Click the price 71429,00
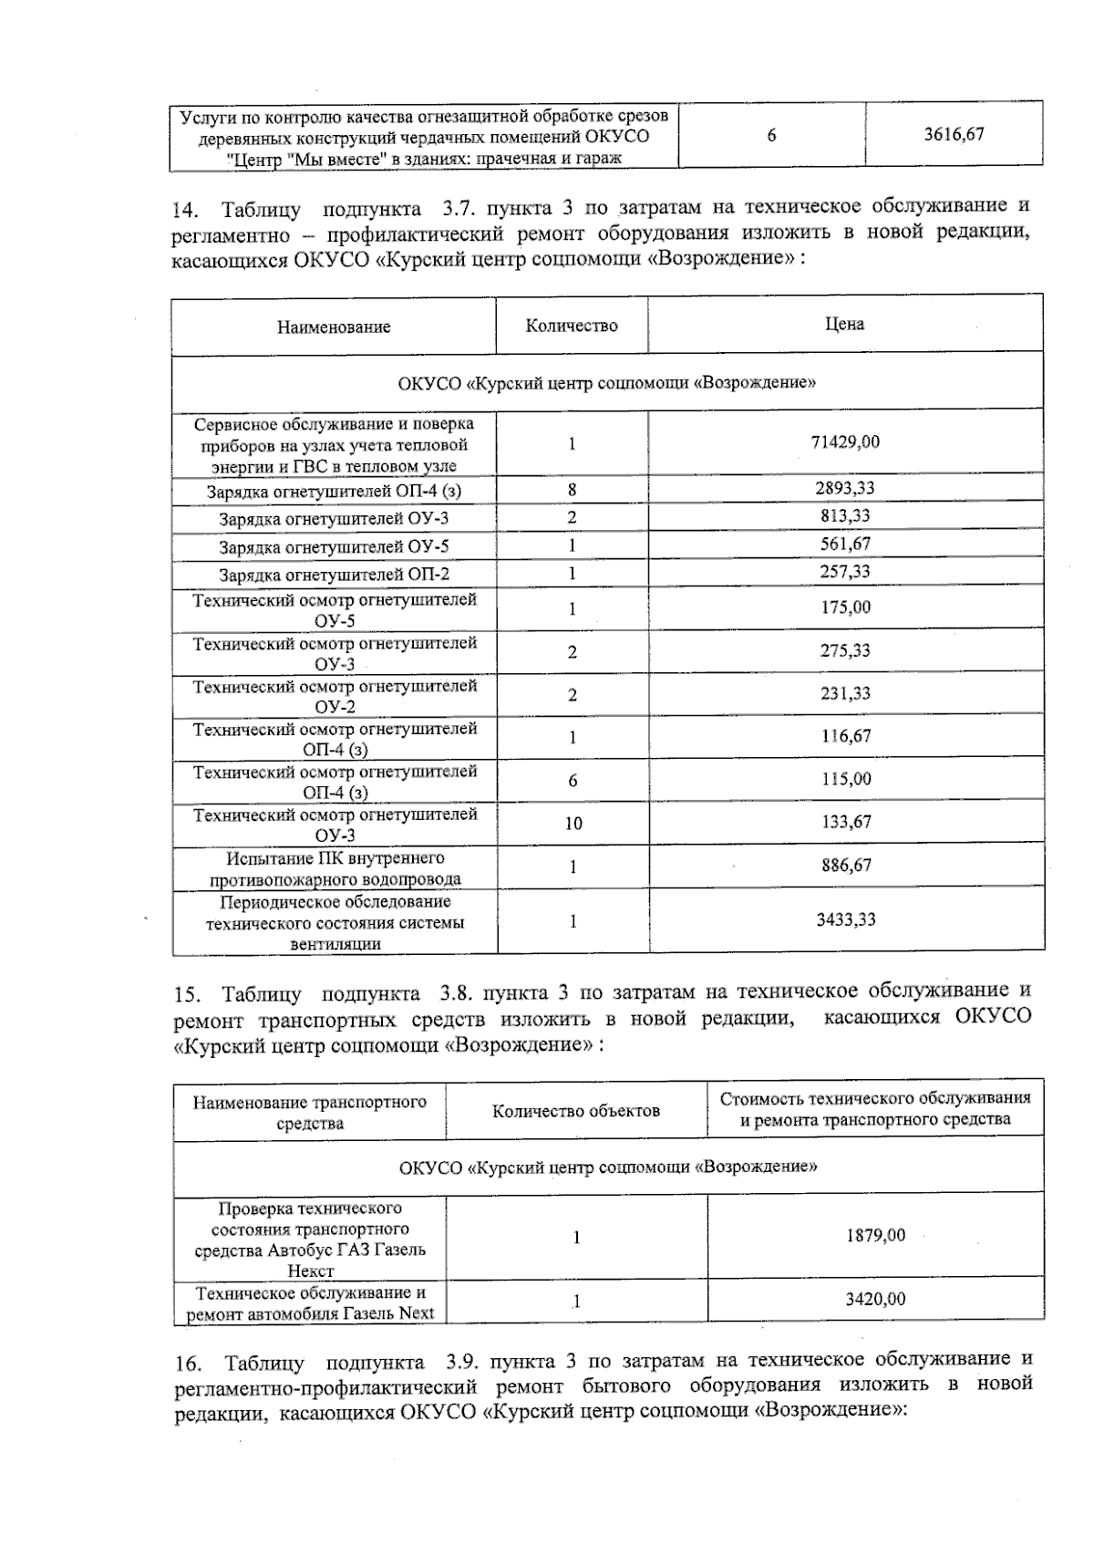(x=845, y=441)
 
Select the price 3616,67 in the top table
(x=954, y=134)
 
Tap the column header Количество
(x=572, y=326)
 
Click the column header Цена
(x=844, y=324)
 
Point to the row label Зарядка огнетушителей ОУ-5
(x=334, y=547)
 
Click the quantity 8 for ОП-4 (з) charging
(x=573, y=490)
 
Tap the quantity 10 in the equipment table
(x=573, y=824)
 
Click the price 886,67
(x=846, y=865)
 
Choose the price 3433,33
(x=846, y=919)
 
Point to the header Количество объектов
(x=576, y=1111)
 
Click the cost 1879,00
(x=875, y=1235)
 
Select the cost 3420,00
(x=875, y=1299)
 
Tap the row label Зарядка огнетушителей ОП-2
(x=334, y=575)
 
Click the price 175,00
(x=845, y=607)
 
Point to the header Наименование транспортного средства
(x=310, y=1112)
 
